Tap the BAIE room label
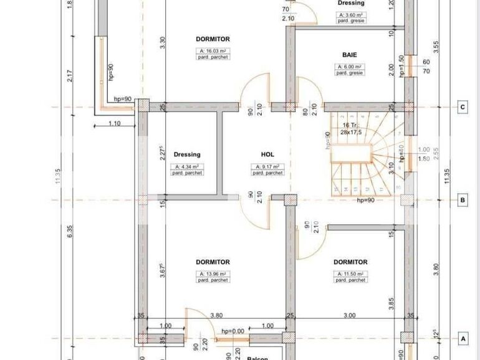point(350,54)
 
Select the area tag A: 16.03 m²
point(213,50)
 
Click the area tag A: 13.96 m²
point(213,273)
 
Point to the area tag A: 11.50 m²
point(350,273)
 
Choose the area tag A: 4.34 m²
point(186,166)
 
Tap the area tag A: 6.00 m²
point(350,66)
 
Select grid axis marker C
point(463,107)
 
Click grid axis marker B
point(463,201)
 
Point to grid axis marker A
point(463,339)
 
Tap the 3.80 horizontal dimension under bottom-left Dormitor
point(217,315)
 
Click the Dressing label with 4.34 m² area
point(186,154)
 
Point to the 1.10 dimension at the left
point(113,123)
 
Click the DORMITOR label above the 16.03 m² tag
point(213,39)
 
